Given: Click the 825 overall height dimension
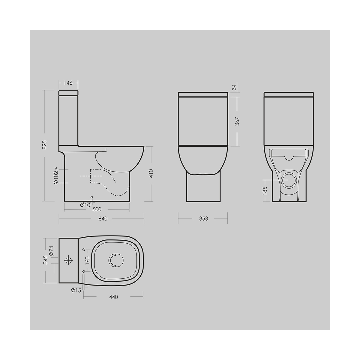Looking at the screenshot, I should click(x=44, y=145).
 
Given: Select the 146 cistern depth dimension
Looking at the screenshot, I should click(x=69, y=83).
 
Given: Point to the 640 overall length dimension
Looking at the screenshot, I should click(x=103, y=219).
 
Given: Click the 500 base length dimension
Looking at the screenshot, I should click(x=97, y=209).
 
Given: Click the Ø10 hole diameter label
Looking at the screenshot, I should click(x=85, y=205).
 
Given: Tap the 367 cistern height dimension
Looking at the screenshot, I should click(x=237, y=121).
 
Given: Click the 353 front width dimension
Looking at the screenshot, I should click(x=203, y=219).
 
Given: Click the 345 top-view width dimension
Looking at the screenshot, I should click(x=45, y=260).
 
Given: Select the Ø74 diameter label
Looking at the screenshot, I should click(x=51, y=251).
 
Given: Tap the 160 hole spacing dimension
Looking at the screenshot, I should click(x=87, y=260).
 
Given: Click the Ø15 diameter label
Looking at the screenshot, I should click(x=76, y=290).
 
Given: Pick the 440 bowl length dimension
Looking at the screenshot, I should click(x=113, y=297).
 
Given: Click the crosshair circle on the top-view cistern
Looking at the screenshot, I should click(x=69, y=260).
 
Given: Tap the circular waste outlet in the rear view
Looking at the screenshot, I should click(x=289, y=180).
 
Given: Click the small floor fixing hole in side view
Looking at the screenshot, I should click(x=92, y=198).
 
